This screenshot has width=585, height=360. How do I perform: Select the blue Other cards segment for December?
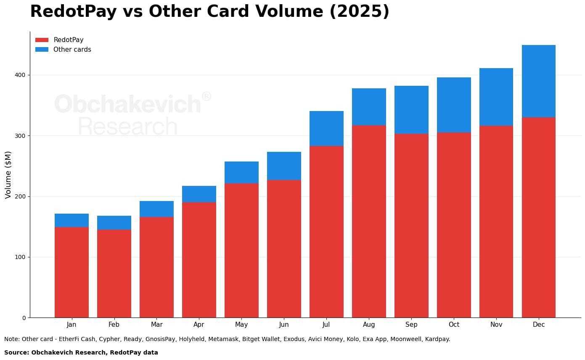coord(538,81)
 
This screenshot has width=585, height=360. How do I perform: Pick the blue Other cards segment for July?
coord(326,128)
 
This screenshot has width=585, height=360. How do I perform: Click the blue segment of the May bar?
coord(241,172)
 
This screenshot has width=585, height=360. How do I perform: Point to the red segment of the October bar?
coord(454,225)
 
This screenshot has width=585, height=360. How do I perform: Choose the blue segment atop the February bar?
coord(114,222)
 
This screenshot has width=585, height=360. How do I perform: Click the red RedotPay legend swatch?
coord(42,40)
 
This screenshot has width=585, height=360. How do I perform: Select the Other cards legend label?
coord(72,50)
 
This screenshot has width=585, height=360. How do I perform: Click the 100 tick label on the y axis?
coord(21,257)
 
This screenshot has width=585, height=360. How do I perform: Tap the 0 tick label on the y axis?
coord(24,318)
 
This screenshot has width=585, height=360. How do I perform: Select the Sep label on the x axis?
coord(411,325)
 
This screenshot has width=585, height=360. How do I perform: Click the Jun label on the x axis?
coord(284,325)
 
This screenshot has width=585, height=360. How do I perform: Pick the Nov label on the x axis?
coord(496,325)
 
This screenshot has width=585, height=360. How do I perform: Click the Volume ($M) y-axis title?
coord(8,175)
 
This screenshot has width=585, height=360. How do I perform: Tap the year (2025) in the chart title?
coord(359,11)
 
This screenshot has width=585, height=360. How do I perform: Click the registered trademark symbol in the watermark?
coord(206,97)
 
